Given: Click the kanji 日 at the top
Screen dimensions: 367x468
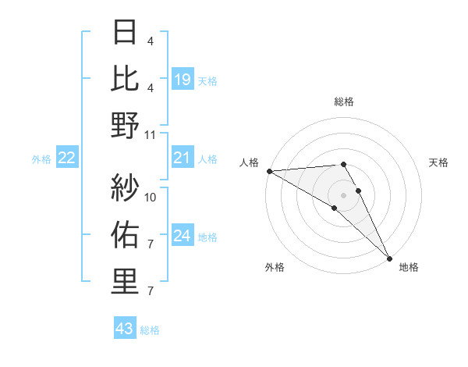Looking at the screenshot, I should [126, 32].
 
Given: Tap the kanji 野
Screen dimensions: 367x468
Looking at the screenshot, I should [126, 125].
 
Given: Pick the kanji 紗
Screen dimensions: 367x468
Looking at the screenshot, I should [126, 187].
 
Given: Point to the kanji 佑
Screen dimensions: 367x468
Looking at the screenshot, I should [126, 234].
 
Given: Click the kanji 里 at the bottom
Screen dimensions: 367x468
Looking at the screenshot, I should [126, 282].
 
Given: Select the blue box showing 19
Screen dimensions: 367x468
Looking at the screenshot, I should [183, 79].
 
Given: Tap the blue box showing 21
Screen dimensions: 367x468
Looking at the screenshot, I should [183, 159].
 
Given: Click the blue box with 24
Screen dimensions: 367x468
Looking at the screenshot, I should [183, 236].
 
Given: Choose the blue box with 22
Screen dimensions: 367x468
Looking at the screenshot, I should [67, 159].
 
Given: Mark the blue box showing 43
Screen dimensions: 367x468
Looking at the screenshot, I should [125, 329].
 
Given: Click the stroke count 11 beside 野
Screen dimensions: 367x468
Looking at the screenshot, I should [151, 134].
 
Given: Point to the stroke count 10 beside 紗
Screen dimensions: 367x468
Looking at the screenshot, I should [151, 197].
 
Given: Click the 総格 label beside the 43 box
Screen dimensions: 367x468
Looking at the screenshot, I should [150, 330].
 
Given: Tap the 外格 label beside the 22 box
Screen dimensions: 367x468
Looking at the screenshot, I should [41, 159].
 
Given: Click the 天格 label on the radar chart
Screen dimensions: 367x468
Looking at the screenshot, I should [438, 162].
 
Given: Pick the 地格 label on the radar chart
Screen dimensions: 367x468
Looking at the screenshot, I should [409, 267].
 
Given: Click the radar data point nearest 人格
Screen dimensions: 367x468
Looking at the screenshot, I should [269, 171].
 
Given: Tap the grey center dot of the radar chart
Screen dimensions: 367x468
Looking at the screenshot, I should [343, 194].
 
